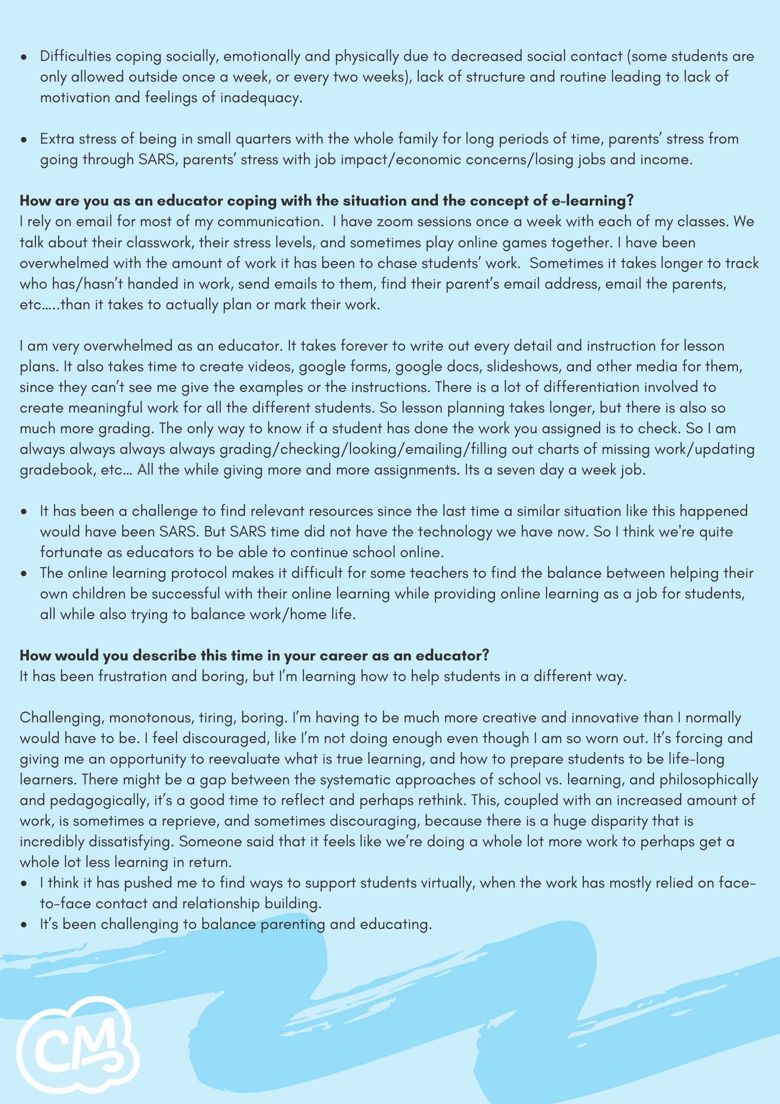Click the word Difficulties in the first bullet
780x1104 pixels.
point(76,57)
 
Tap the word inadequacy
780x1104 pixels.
point(259,98)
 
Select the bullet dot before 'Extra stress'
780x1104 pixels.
point(24,140)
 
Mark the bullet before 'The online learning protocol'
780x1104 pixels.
point(24,574)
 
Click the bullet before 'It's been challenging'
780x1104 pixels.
point(24,925)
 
